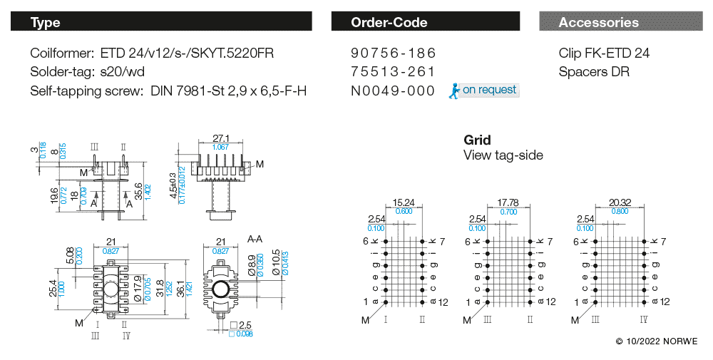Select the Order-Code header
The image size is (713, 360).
coord(428,22)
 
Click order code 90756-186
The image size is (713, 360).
coord(393,53)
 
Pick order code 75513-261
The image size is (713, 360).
coord(393,72)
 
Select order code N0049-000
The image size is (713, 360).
coord(393,91)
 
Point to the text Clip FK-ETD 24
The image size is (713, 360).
coord(604,53)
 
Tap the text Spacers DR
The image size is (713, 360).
coord(594,72)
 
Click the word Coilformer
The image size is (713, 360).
coord(61,53)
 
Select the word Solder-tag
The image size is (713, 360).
coord(60,72)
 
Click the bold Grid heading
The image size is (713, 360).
coord(477,140)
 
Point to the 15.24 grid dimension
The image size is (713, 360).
coord(404,202)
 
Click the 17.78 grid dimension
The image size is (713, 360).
coord(508,202)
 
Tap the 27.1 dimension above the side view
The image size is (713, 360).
coord(221,138)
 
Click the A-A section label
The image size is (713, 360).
coord(256,240)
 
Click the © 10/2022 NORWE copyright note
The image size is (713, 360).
coord(657,342)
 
